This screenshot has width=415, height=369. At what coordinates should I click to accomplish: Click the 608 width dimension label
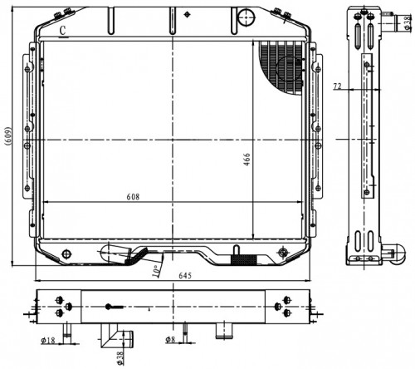pos(133,197)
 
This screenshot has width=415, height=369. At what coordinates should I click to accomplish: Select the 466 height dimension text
pos(247,160)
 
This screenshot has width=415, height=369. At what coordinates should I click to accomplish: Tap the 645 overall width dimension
pos(185,276)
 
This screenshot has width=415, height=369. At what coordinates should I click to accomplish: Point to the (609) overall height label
pos(8,136)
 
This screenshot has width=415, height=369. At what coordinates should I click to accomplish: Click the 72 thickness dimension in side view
pos(337,86)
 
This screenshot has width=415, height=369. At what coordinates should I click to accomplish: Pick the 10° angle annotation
pos(156,271)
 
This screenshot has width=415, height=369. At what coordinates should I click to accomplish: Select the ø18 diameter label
pos(48,340)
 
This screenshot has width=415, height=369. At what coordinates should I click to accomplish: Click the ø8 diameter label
pos(170,339)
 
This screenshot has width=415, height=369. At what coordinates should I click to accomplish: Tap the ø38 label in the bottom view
pos(120,358)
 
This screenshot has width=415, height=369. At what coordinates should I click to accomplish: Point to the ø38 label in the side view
pos(407,22)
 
